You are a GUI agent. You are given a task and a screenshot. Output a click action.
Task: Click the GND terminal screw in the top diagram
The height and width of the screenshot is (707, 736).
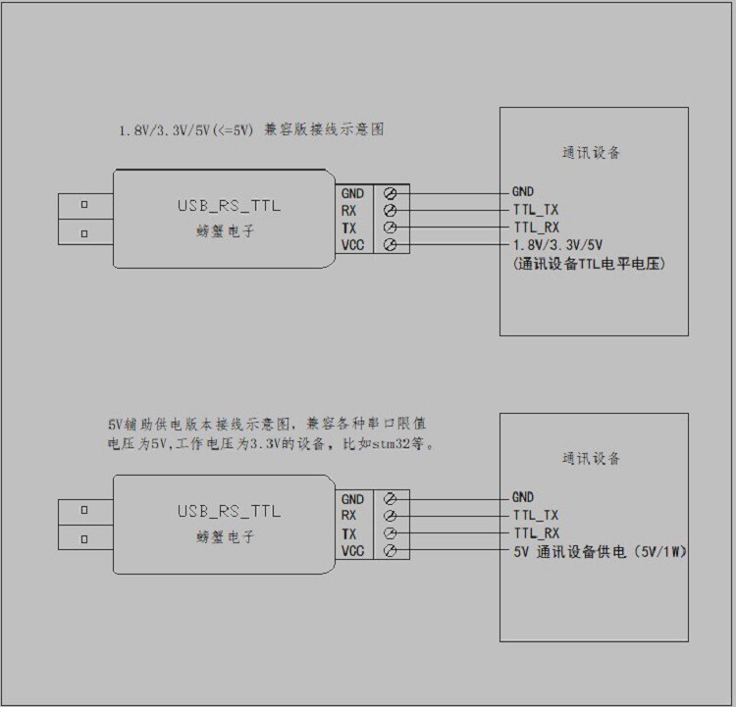point(391,193)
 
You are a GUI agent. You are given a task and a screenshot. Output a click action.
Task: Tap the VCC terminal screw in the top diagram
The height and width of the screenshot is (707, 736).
point(391,244)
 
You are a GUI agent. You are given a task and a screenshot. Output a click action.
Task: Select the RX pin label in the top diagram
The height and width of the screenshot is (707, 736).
point(349,210)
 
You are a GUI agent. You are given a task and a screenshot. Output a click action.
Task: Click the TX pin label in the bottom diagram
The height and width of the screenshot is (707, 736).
point(349,534)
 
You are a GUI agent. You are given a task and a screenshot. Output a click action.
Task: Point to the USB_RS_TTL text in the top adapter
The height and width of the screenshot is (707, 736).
point(228,205)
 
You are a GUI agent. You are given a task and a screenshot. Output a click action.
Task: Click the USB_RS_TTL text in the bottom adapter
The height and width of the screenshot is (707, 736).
point(228,511)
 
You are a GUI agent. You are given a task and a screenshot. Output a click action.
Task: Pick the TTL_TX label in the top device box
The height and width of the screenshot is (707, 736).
point(535,210)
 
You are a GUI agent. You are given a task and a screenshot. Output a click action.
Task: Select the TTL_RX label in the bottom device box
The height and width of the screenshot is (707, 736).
point(536,533)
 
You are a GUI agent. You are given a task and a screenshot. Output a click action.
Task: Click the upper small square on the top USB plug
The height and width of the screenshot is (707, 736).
point(84,205)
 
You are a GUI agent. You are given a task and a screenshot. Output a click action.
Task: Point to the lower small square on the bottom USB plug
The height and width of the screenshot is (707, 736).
point(84,539)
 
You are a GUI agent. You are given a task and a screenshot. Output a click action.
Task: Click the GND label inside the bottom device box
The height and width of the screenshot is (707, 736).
point(523,497)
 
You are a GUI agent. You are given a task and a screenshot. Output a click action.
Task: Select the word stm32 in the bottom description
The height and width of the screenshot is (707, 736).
point(382,443)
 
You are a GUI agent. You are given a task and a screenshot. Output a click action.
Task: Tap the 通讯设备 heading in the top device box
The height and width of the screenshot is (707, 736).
point(591,153)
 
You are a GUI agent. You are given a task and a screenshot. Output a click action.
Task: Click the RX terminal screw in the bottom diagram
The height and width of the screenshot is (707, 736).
point(391,516)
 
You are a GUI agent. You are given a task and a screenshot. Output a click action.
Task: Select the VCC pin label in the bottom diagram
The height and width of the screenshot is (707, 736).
point(352,552)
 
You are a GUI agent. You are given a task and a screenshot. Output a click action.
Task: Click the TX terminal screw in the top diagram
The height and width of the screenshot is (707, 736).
point(391,227)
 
